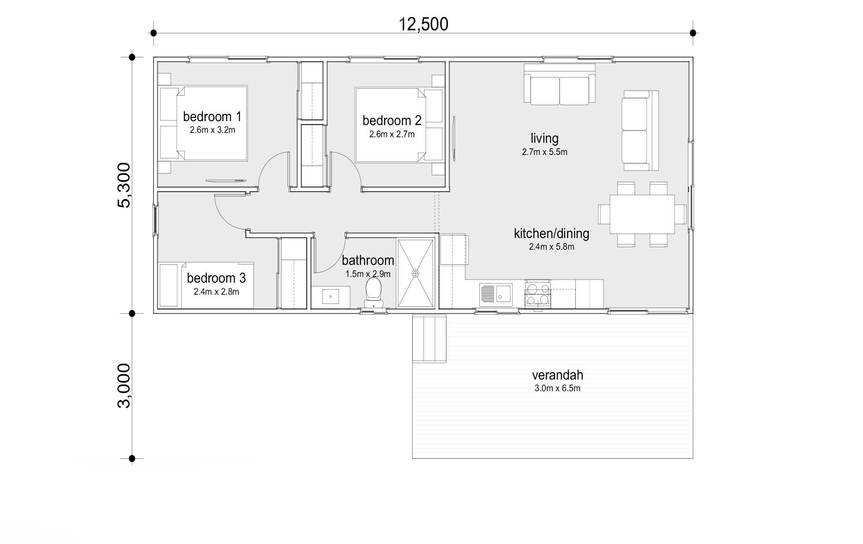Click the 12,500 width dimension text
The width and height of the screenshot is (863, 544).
point(423,24)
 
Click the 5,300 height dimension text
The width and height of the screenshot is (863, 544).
point(124,185)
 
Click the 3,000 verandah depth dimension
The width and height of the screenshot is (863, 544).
point(124,385)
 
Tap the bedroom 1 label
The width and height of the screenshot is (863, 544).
point(212,116)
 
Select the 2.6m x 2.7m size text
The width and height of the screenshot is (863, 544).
point(392,135)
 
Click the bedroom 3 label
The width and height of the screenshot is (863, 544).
point(216,278)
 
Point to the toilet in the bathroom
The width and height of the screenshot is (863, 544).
point(373,290)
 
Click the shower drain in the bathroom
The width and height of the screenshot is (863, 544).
point(415,273)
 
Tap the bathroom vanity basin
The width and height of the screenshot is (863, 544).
point(330,297)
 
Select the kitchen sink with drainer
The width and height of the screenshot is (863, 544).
point(496,294)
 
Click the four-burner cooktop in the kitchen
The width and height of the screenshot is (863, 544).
point(538,294)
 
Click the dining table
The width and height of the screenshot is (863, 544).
point(642,214)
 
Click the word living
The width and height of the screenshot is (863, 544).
point(544,138)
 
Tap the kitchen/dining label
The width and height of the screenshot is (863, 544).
point(551,234)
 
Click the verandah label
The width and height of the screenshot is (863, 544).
point(557,375)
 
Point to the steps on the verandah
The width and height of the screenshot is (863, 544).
point(429,338)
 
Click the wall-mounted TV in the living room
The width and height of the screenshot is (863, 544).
point(454,138)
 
